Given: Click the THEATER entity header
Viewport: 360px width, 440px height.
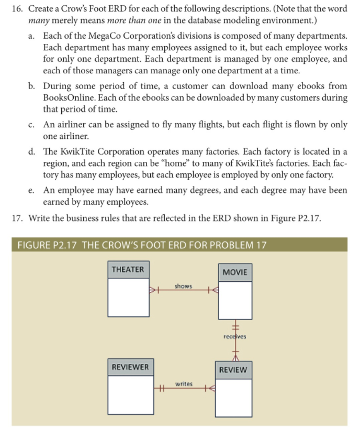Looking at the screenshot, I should pos(128,269).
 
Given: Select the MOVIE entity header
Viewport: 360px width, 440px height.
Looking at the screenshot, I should pos(234,272).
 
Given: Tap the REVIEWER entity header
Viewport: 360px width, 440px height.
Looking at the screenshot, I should pos(130,367).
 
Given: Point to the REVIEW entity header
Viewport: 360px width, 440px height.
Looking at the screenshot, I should pos(233,370).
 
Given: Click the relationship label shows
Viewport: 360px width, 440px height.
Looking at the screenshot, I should pos(183,286).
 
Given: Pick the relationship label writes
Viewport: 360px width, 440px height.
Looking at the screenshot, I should pos(184,384).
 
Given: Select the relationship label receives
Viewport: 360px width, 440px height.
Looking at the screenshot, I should pos(234,336).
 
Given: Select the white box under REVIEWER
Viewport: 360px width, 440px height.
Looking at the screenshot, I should pos(130,393).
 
